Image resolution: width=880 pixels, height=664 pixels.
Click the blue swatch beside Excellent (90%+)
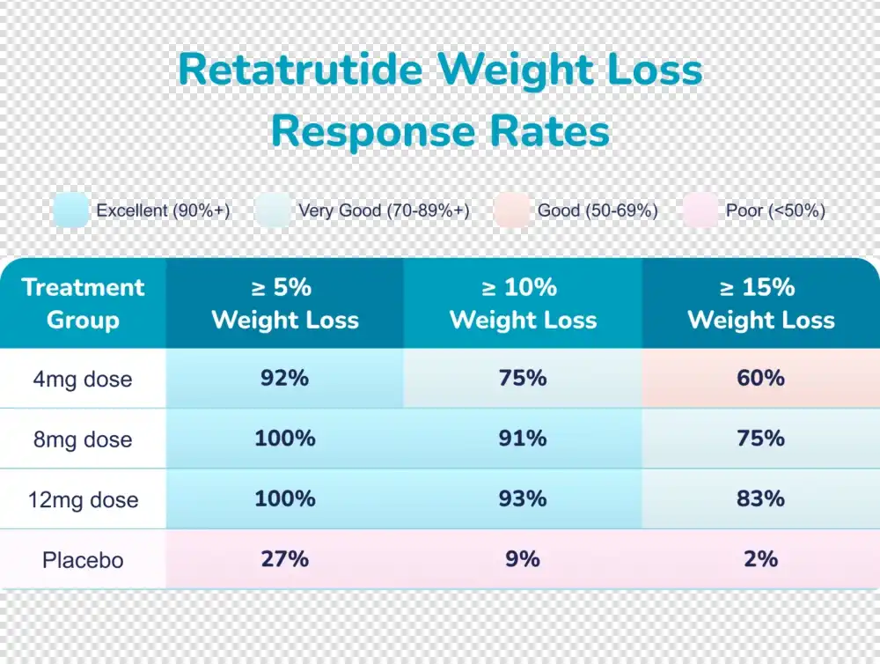[x=70, y=210]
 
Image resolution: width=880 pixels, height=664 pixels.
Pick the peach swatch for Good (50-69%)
[x=511, y=210]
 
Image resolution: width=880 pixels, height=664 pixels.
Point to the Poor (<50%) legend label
[x=775, y=210]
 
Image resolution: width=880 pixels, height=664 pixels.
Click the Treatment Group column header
[x=83, y=303]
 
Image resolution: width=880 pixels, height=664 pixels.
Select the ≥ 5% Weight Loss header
[x=285, y=303]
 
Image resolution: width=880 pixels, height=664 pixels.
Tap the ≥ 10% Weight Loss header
[x=523, y=303]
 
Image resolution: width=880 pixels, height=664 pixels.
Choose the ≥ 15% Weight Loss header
[x=761, y=303]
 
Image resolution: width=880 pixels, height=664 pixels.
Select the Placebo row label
[x=83, y=559]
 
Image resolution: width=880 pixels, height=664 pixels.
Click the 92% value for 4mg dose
[x=284, y=378]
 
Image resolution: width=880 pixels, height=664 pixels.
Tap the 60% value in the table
[x=760, y=378]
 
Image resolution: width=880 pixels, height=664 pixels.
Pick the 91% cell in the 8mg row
[x=523, y=438]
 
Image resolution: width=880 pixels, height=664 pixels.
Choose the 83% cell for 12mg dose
[x=760, y=498]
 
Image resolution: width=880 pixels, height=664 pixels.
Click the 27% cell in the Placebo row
[x=284, y=557]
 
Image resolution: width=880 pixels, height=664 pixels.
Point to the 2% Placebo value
[x=760, y=557]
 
